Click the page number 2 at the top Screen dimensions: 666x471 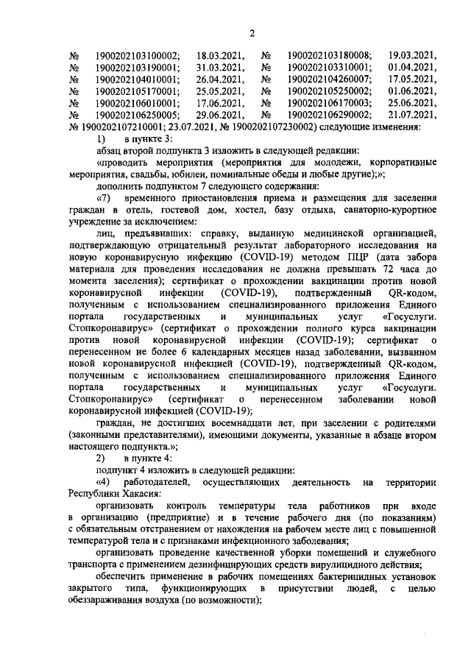(252, 32)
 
